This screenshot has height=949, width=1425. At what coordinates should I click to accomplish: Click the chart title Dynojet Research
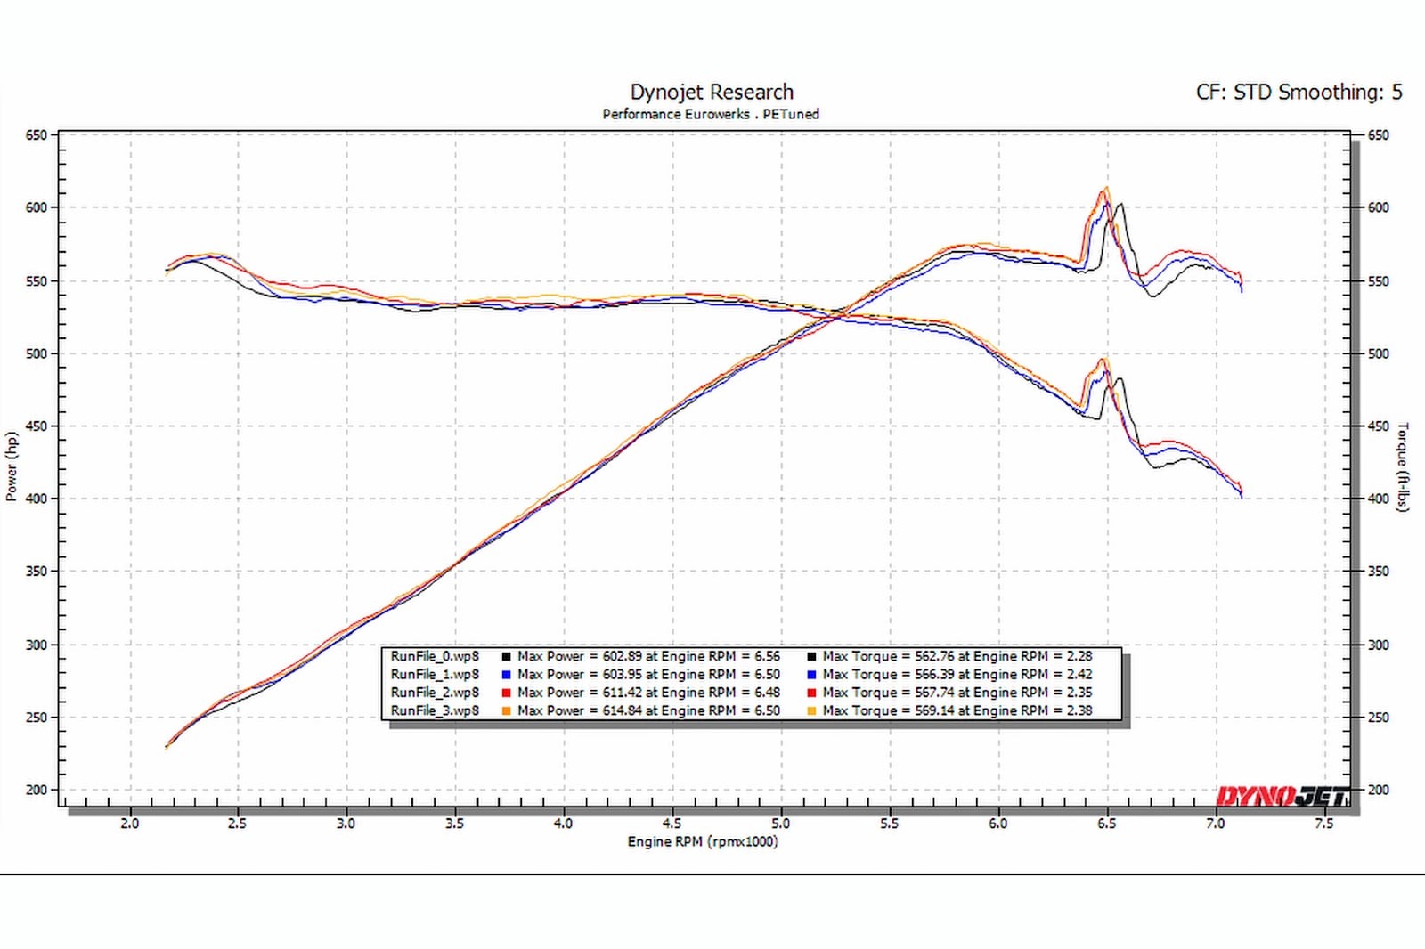pyautogui.click(x=712, y=92)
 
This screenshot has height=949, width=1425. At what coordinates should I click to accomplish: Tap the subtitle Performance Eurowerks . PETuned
pyautogui.click(x=711, y=114)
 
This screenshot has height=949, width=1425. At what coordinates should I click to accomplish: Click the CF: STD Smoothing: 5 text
pyautogui.click(x=1299, y=92)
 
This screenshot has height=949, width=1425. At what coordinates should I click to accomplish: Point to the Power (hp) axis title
pyautogui.click(x=12, y=466)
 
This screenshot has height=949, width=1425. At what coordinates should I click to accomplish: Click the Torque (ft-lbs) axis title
pyautogui.click(x=1404, y=466)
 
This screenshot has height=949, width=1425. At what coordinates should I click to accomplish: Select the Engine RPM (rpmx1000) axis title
pyautogui.click(x=702, y=841)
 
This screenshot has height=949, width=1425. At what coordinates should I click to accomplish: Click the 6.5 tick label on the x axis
pyautogui.click(x=1106, y=823)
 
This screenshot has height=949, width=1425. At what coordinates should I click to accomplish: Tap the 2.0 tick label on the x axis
pyautogui.click(x=130, y=823)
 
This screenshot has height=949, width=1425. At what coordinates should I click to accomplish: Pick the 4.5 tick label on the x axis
pyautogui.click(x=672, y=823)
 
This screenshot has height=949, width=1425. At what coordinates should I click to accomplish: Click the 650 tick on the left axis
pyautogui.click(x=36, y=135)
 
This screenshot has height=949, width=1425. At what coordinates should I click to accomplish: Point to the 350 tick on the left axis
pyautogui.click(x=36, y=572)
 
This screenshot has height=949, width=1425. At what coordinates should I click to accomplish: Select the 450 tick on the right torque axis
pyautogui.click(x=1378, y=426)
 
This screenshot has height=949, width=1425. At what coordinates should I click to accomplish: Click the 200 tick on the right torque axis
pyautogui.click(x=1378, y=790)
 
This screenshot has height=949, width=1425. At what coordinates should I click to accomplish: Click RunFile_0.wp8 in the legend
pyautogui.click(x=435, y=656)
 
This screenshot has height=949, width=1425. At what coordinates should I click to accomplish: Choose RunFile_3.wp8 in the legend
pyautogui.click(x=435, y=710)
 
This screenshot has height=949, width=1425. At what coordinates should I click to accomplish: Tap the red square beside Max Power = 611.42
pyautogui.click(x=506, y=693)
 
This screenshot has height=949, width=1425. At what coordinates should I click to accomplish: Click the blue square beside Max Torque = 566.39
pyautogui.click(x=811, y=675)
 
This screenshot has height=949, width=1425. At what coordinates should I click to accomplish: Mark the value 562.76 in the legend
pyautogui.click(x=934, y=656)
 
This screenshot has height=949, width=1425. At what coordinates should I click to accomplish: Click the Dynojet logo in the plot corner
pyautogui.click(x=1282, y=795)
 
